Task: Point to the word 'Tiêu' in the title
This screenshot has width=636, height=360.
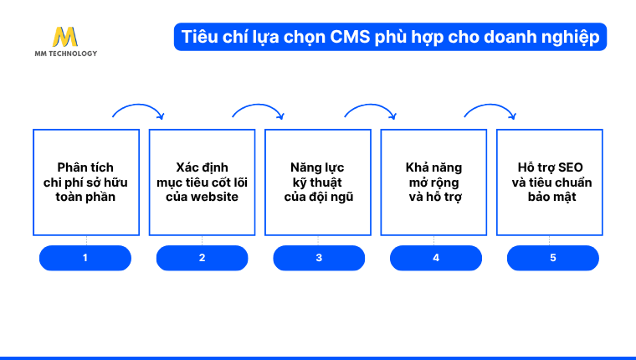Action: pos(199,38)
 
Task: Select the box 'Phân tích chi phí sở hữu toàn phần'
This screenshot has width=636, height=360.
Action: pos(86,183)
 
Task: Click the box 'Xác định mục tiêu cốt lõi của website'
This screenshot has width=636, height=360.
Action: pos(202,183)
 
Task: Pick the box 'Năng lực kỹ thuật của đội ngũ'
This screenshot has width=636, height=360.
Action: pos(318,183)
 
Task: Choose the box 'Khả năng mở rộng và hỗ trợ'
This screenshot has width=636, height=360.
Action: pos(433,183)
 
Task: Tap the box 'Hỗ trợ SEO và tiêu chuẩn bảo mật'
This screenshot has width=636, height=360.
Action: pos(550,183)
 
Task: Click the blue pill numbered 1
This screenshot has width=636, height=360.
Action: pos(85,258)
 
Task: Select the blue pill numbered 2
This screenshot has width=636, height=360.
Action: pos(202,258)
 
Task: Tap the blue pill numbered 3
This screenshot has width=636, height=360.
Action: pos(319,258)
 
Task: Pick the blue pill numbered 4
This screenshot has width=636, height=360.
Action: pos(435,258)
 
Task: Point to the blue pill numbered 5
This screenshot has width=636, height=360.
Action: pos(552,258)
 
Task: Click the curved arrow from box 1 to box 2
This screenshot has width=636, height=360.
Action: pos(138,107)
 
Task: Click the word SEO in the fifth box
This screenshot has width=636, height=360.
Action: pos(569,167)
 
